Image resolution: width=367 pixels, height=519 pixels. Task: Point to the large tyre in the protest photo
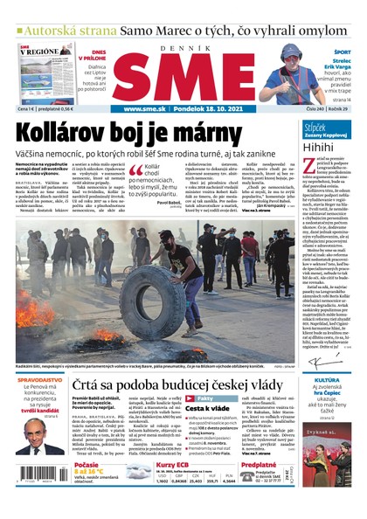click(140, 310)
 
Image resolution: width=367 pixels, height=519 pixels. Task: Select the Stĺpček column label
click(315, 127)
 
